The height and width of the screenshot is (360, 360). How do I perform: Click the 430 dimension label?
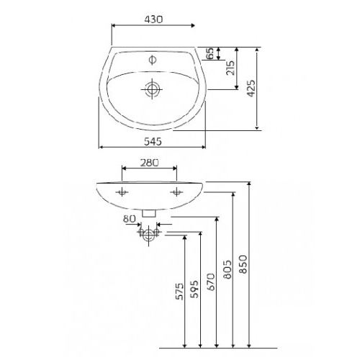153,19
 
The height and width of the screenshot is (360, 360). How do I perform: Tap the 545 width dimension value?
153,142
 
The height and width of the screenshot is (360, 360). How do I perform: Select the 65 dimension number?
210,53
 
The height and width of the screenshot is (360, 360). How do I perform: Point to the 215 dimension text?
230,68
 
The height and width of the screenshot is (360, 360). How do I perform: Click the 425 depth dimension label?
251,89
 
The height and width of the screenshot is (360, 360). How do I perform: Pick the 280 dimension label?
150,163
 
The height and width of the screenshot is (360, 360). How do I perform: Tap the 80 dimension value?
130,219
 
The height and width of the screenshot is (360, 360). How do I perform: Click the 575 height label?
179,292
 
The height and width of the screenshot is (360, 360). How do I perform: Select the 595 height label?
194,289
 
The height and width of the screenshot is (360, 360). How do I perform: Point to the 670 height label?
211,282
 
